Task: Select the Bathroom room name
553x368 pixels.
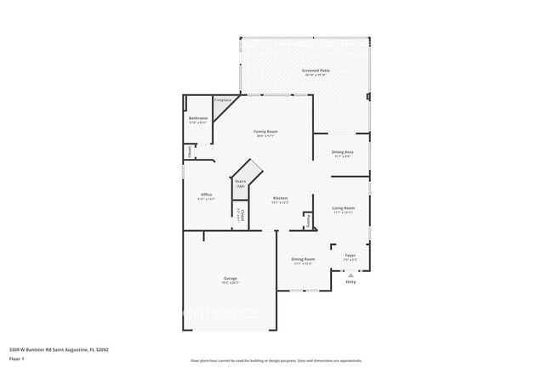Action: click(x=198, y=118)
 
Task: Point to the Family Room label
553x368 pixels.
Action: click(x=266, y=132)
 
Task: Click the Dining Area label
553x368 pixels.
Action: click(x=342, y=152)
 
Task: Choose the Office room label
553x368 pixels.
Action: click(x=207, y=195)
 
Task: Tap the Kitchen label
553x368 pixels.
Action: click(x=280, y=198)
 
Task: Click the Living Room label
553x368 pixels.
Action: click(x=343, y=208)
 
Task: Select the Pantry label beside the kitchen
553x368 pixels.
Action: click(x=308, y=220)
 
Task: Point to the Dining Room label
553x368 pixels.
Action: click(x=303, y=259)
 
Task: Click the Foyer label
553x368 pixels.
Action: click(x=350, y=255)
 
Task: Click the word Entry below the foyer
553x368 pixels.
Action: click(x=351, y=282)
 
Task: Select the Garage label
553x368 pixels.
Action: click(x=231, y=279)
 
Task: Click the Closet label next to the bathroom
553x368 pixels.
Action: click(x=189, y=151)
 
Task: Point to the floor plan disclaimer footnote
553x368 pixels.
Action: click(x=276, y=361)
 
